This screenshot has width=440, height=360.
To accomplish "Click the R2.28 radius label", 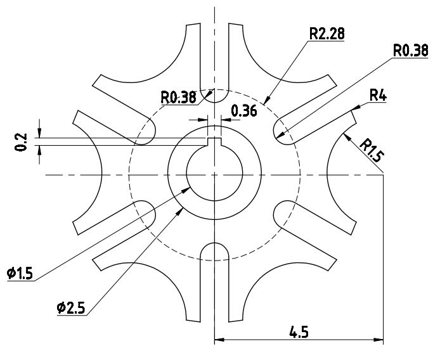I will [327, 34].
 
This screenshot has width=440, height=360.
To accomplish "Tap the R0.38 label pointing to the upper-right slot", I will [410, 51].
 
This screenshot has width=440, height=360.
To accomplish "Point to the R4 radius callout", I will [378, 96].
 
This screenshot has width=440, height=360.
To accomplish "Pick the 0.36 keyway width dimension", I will [243, 112].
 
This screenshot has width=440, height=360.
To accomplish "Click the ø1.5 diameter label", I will [21, 273].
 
